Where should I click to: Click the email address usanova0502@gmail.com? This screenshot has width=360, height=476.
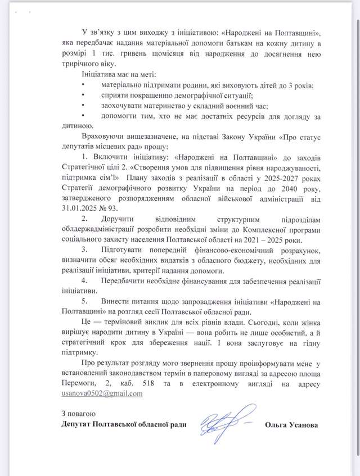pyautogui.click(x=102, y=394)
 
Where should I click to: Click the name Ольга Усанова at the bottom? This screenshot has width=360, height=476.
pyautogui.click(x=290, y=424)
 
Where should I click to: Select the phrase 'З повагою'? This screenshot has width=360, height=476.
pyautogui.click(x=82, y=414)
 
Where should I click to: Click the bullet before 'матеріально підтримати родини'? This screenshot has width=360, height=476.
pyautogui.click(x=83, y=85)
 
